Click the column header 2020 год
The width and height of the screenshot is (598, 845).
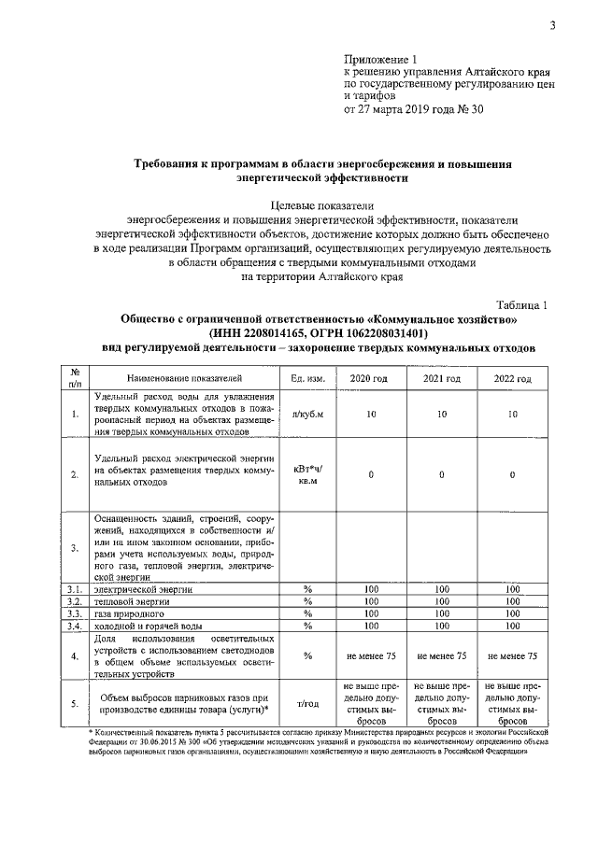pos(369,378)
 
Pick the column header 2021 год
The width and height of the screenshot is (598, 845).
pos(441,378)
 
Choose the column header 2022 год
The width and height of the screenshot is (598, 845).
pos(512,378)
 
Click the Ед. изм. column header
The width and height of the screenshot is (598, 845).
pos(307,378)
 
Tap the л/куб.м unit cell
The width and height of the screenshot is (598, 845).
pos(307,414)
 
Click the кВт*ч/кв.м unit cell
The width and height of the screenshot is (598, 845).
pos(307,474)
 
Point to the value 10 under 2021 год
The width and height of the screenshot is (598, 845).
pos(441,414)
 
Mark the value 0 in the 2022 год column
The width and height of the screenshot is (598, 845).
pos(512,474)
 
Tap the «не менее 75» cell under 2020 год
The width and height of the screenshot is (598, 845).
pos(369,655)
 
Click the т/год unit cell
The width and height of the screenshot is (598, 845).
pos(307,704)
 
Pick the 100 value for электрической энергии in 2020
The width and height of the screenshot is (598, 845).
pos(369,590)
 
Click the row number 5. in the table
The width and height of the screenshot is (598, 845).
pos(75,704)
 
